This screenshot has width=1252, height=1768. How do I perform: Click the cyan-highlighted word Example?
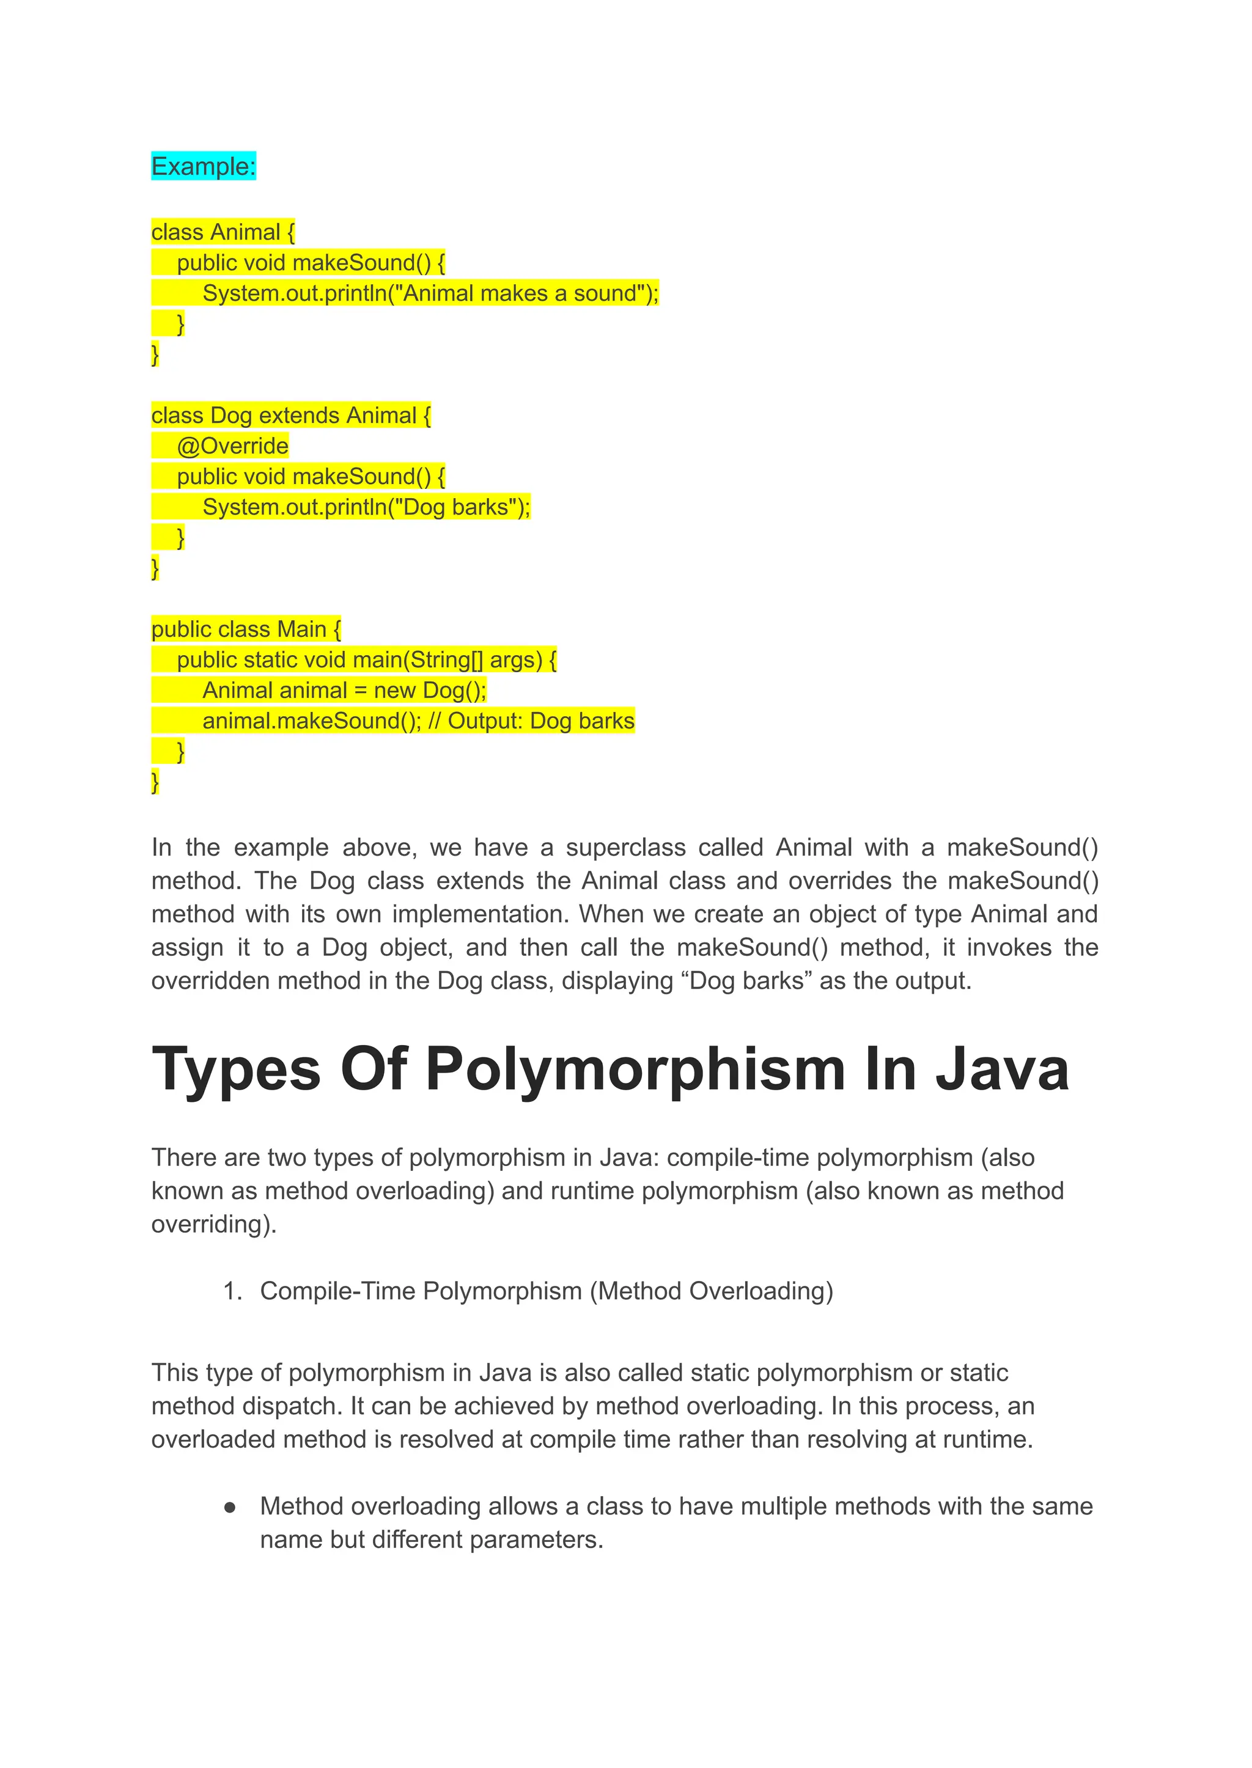[203, 166]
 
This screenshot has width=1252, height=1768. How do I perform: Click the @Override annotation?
[232, 446]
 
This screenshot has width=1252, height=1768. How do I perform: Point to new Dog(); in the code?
[429, 690]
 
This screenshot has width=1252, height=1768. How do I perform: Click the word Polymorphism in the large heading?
[636, 1069]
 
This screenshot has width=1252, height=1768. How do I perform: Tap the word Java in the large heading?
[1002, 1069]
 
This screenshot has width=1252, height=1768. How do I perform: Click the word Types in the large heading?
[236, 1069]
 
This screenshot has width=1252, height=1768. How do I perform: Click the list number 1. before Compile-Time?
[232, 1291]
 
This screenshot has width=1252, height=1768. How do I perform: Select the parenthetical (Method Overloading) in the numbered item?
[712, 1291]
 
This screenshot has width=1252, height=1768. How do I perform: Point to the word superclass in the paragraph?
[625, 847]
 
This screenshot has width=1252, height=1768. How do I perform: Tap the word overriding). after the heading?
[213, 1224]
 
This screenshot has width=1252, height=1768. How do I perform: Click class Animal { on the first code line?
[223, 232]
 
